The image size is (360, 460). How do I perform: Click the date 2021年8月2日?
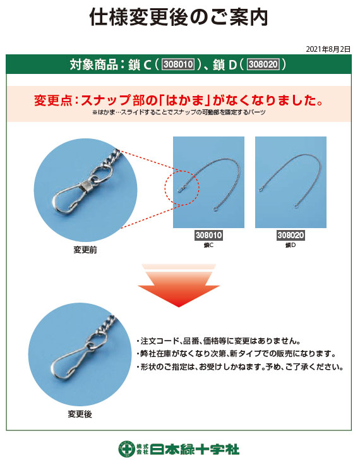tap(328, 49)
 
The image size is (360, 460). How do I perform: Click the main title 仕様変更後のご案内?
tap(179, 17)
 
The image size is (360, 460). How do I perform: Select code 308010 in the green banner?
tap(178, 64)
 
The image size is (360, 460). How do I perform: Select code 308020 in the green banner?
tap(263, 64)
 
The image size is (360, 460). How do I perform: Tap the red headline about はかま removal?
tap(179, 100)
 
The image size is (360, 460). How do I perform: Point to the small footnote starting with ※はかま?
tap(179, 112)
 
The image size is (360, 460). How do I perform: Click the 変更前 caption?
tap(85, 250)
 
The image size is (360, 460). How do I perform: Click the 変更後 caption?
tap(80, 414)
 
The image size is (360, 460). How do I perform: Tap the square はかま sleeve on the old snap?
tap(87, 186)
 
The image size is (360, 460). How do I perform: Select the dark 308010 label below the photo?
tap(208, 235)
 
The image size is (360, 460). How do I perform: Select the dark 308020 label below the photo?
tap(291, 235)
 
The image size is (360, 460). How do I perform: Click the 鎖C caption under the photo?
tap(208, 245)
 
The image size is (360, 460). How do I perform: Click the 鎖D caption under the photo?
tap(291, 245)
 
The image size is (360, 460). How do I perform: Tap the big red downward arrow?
tap(179, 289)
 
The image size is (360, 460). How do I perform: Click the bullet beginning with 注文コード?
tap(219, 341)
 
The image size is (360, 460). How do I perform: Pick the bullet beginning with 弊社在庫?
tap(236, 353)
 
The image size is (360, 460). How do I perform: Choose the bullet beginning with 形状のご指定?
tap(240, 366)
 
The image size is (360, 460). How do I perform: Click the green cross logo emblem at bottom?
tap(127, 449)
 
